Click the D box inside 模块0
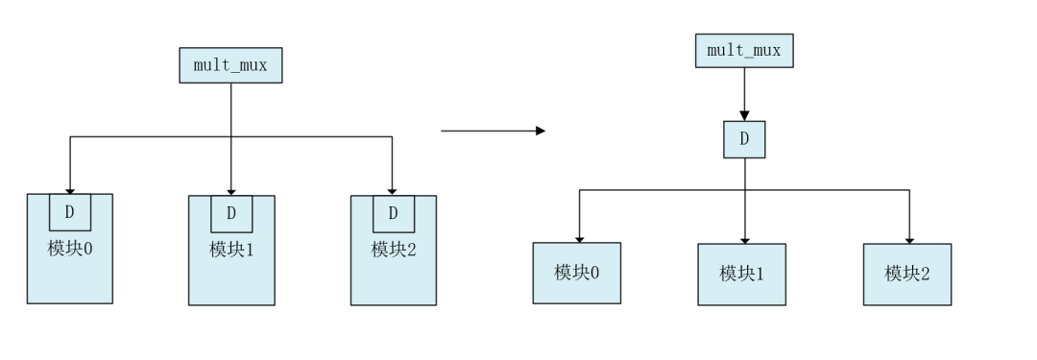(x=69, y=212)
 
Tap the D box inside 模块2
(x=394, y=212)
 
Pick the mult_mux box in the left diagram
(x=230, y=65)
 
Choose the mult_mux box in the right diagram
(x=744, y=51)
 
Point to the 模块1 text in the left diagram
(x=231, y=249)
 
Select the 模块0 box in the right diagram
(x=577, y=273)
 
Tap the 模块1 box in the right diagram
(x=741, y=274)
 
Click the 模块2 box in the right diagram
(x=907, y=274)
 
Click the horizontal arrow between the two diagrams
(x=492, y=130)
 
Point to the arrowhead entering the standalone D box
(x=744, y=115)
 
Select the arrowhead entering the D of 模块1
(x=231, y=190)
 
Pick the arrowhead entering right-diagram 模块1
(x=744, y=239)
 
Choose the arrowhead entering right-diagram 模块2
(x=909, y=239)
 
